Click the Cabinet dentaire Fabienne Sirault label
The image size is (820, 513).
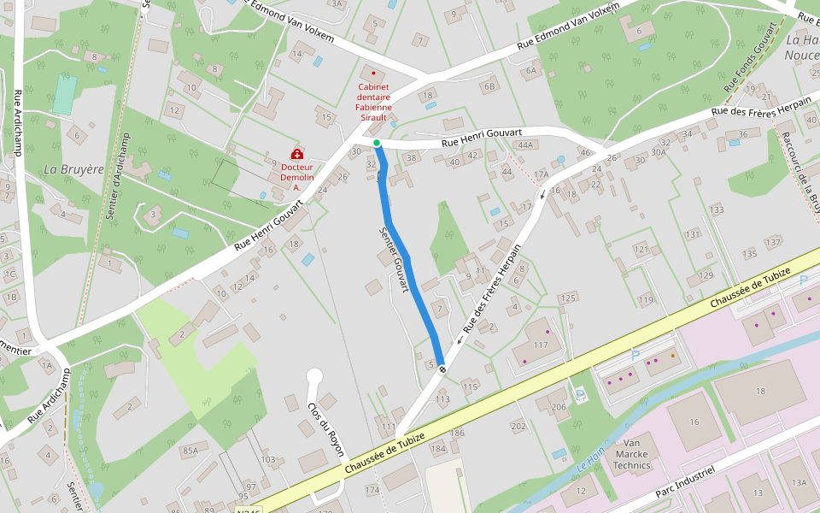click(373, 97)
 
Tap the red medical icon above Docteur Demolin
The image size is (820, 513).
click(296, 154)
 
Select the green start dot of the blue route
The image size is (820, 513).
click(376, 143)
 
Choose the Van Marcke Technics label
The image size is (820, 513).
click(632, 454)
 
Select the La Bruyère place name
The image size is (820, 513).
click(73, 170)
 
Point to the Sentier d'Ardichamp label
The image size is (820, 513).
click(118, 177)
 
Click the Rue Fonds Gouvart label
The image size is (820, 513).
click(751, 57)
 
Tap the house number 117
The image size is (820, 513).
click(540, 345)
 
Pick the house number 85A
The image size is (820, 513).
click(190, 451)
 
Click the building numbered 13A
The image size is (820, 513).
click(799, 483)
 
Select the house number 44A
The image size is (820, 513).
click(524, 145)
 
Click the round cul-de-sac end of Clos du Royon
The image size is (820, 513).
click(314, 375)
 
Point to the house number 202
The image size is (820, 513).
click(518, 426)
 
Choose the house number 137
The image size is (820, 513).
click(774, 243)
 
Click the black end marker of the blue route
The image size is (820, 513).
click(442, 369)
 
